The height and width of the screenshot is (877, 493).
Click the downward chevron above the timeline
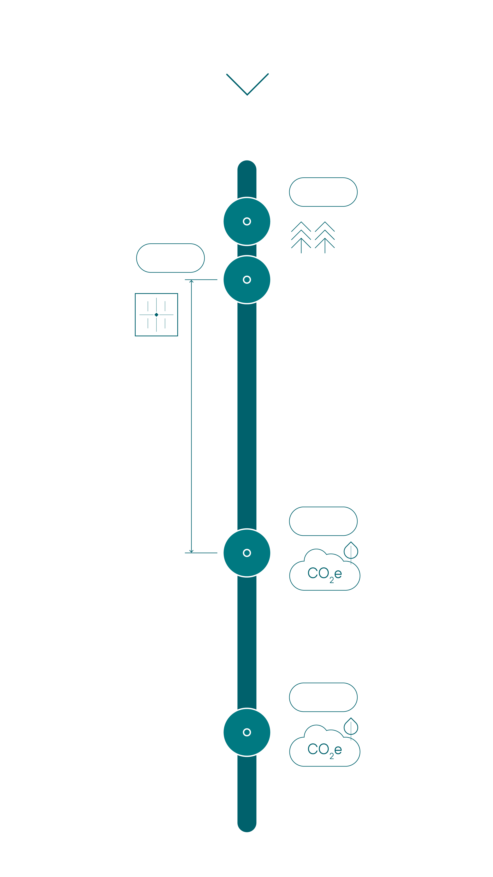click(x=247, y=84)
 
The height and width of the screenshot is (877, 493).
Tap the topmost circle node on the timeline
click(x=247, y=221)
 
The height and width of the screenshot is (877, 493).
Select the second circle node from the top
click(x=247, y=280)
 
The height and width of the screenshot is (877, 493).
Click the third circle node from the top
click(x=247, y=553)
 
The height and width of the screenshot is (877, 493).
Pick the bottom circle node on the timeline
click(x=247, y=732)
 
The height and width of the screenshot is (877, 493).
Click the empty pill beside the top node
click(x=323, y=192)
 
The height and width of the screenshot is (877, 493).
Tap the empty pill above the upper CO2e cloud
click(x=323, y=521)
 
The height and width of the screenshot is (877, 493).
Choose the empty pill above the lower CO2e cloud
click(x=323, y=697)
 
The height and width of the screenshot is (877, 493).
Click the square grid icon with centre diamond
click(x=156, y=315)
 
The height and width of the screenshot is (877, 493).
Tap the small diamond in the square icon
click(x=156, y=315)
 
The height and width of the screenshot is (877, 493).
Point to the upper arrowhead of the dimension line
click(x=191, y=281)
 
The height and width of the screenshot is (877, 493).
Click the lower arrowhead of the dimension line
click(x=191, y=551)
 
